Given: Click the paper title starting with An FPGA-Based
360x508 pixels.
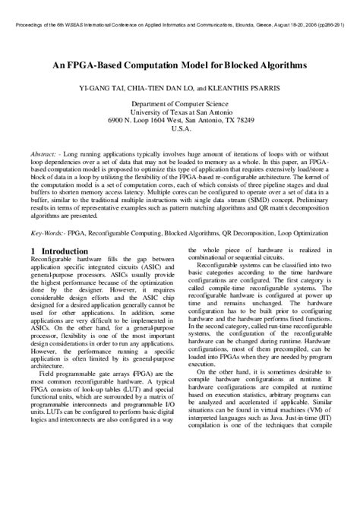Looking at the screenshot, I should point(180,65).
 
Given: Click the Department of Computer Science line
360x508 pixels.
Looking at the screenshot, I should point(180,103).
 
